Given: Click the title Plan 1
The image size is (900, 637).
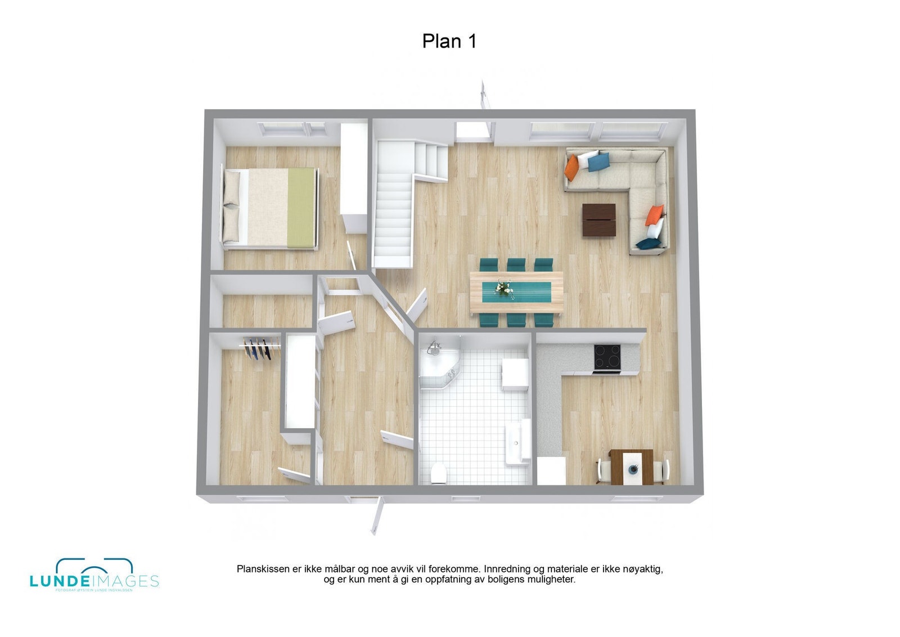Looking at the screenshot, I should pos(449,41).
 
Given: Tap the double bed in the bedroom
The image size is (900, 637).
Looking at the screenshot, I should pos(270,207).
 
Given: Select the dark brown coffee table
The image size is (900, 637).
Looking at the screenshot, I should pos(598,219).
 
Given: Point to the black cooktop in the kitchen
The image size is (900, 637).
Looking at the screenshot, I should pos(607,357).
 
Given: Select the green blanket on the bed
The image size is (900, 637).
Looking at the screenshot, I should pos(301,207).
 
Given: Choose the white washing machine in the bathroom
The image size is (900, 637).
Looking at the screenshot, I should pos(515,374).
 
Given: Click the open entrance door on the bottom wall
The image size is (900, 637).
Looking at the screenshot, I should pos(376,515).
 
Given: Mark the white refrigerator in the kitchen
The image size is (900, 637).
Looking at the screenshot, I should pos(551,470).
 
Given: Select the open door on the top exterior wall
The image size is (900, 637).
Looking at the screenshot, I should pos(483,93).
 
